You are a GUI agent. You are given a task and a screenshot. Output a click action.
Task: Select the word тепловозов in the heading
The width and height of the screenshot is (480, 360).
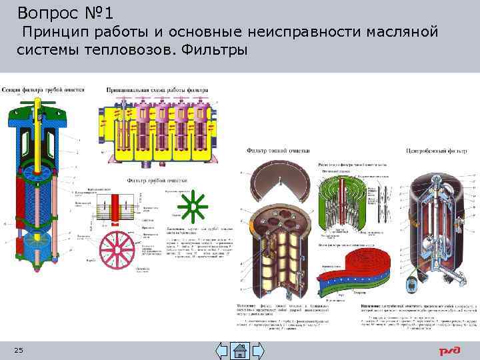[119, 51]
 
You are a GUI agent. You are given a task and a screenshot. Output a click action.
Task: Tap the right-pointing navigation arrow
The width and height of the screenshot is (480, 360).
[258, 351]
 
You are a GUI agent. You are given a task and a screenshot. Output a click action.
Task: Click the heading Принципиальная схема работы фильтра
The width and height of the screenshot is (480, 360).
[157, 89]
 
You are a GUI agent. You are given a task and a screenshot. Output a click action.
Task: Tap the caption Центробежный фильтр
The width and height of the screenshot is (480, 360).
[439, 151]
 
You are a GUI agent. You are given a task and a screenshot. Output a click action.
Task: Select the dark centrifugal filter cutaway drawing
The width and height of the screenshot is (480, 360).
[440, 227]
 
